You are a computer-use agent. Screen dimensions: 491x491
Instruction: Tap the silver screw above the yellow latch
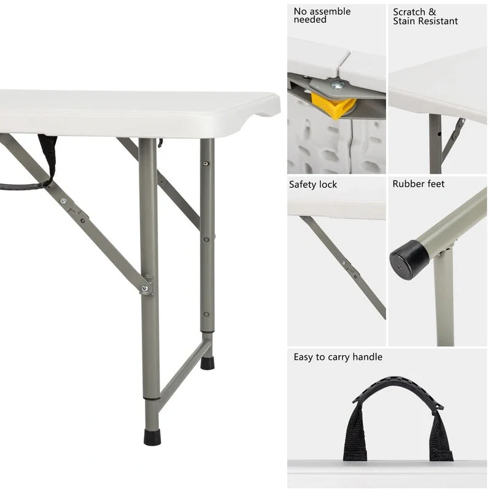tap(337, 85)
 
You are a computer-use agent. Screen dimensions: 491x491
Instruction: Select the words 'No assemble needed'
tap(322, 15)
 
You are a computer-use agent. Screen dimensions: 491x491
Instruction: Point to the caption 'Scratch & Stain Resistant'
tap(425, 17)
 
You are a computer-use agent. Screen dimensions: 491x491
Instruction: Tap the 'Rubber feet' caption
tap(419, 184)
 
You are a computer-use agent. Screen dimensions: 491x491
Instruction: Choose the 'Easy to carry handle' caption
tap(338, 357)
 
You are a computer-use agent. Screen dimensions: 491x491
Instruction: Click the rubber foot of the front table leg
tap(152, 437)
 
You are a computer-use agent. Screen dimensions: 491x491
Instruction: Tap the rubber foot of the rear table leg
tap(207, 362)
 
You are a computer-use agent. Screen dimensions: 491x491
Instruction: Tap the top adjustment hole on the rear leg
tap(207, 164)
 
